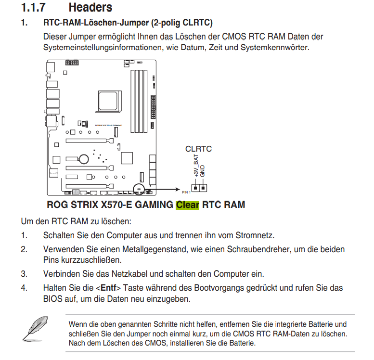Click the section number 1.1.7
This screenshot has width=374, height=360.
pyautogui.click(x=33, y=7)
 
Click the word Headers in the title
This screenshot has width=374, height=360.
pyautogui.click(x=90, y=7)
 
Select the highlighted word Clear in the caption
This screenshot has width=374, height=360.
pyautogui.click(x=187, y=205)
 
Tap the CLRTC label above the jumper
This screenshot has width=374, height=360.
pyautogui.click(x=198, y=149)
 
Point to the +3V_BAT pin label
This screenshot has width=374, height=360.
pyautogui.click(x=196, y=166)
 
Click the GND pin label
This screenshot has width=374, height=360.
pyautogui.click(x=202, y=171)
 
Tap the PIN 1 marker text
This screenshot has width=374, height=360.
pyautogui.click(x=186, y=193)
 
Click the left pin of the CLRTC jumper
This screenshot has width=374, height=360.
pyautogui.click(x=195, y=188)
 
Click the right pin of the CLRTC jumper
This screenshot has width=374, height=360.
pyautogui.click(x=203, y=188)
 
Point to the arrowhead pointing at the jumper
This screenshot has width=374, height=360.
pyautogui.click(x=178, y=190)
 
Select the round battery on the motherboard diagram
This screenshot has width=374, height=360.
pyautogui.click(x=84, y=159)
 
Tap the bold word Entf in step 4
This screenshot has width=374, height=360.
pyautogui.click(x=108, y=288)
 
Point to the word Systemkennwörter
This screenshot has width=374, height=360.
pyautogui.click(x=274, y=47)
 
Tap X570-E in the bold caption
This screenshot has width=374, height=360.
pyautogui.click(x=116, y=205)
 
